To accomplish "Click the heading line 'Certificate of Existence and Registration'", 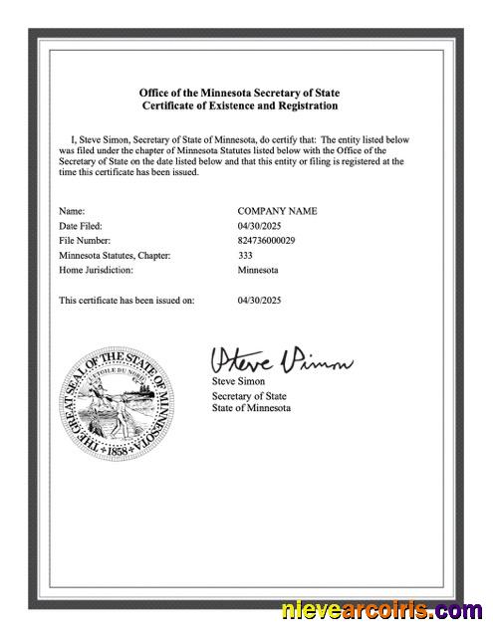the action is (239, 106).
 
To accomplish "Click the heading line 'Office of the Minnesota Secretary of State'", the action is (239, 92).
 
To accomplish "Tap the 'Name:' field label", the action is (72, 211).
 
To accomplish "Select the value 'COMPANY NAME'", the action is (277, 211).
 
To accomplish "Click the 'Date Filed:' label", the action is (81, 226).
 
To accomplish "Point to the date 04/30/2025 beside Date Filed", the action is (261, 226).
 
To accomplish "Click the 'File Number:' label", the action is (85, 241).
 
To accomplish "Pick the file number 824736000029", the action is (266, 241).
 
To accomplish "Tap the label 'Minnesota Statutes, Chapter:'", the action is (115, 256).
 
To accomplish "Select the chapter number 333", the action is (245, 256).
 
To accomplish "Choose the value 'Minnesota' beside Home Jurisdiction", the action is (258, 270).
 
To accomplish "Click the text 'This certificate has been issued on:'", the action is (126, 299).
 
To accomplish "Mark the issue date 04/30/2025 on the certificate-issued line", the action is (261, 299).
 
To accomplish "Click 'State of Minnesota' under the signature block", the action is (251, 409).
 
